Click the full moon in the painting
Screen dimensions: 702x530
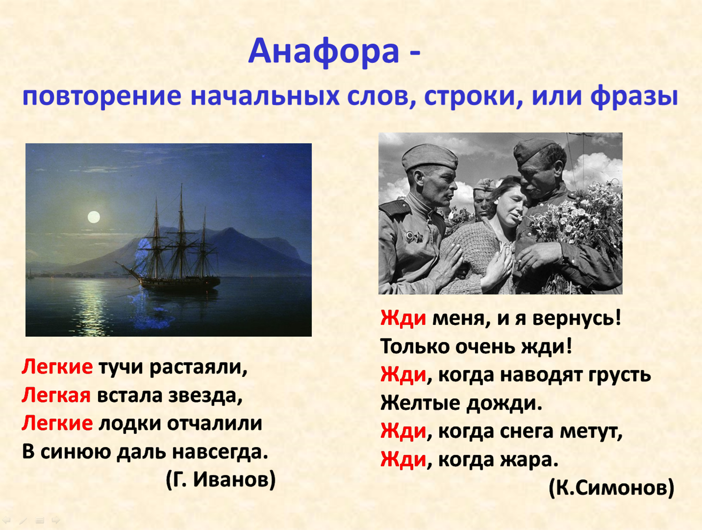click(94, 217)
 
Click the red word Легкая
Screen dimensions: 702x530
click(56, 395)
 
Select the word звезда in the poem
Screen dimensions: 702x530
click(205, 396)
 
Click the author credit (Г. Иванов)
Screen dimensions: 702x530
click(220, 479)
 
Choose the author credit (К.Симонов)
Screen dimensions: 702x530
click(612, 488)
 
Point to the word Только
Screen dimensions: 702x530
click(415, 346)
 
